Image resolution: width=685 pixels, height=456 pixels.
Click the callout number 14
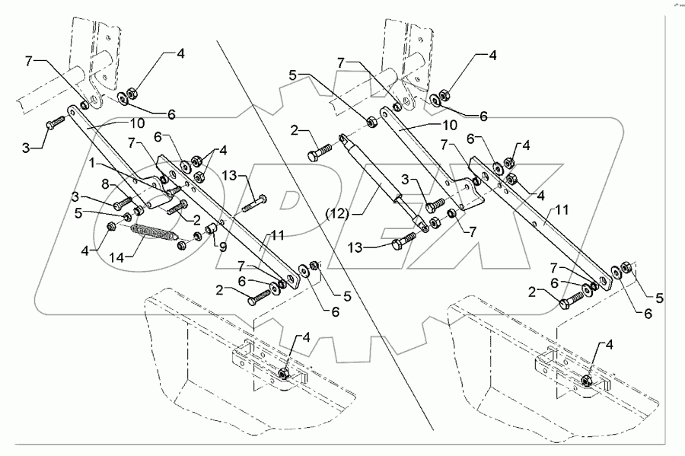coord(116,257)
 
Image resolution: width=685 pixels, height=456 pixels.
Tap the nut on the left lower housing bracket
coord(283,373)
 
